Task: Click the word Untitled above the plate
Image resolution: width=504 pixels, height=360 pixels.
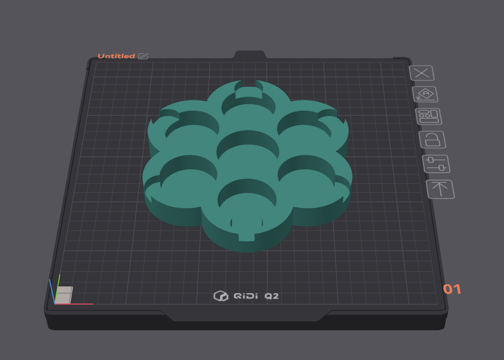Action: (x=116, y=56)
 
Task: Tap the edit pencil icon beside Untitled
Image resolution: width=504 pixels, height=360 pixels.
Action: (x=143, y=56)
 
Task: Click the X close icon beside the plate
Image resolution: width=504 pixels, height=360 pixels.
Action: (x=422, y=73)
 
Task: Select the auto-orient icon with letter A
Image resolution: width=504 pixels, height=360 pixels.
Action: (x=425, y=95)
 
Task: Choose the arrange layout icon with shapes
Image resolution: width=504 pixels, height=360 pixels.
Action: (x=429, y=117)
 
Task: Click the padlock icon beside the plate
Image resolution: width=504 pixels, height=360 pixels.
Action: (x=432, y=140)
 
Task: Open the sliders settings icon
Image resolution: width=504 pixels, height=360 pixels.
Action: (x=436, y=164)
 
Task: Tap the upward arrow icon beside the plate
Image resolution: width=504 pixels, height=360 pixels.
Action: (x=440, y=189)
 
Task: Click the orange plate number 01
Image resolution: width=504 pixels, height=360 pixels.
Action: (x=452, y=289)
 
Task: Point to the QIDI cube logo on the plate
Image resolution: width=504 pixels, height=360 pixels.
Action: (x=221, y=296)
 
